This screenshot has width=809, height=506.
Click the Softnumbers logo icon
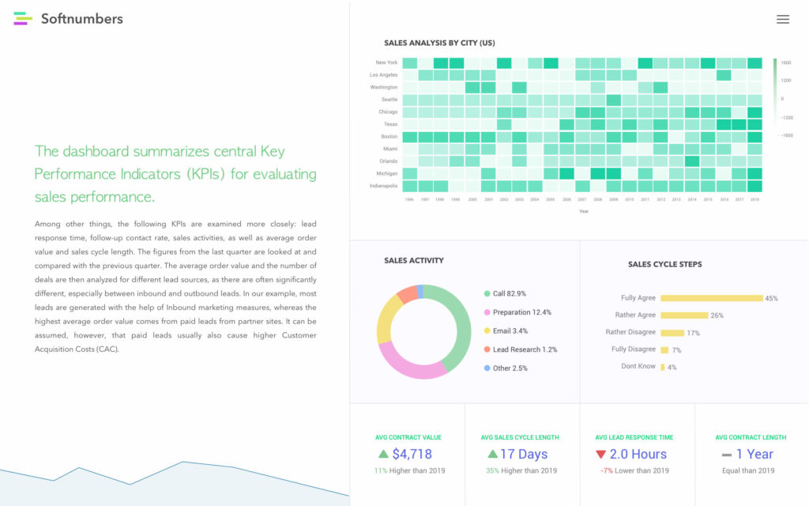point(23,18)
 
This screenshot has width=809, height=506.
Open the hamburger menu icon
point(782,19)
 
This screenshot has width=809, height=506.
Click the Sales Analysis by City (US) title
point(439,43)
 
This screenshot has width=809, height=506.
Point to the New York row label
point(386,62)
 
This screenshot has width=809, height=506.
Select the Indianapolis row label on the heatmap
point(383,186)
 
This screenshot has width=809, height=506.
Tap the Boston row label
point(389,137)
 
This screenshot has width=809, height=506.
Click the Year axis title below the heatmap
point(583,211)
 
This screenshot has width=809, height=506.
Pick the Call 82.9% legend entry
point(510,294)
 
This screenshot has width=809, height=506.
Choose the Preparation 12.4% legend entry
point(521,312)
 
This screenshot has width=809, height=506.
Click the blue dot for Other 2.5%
point(487,368)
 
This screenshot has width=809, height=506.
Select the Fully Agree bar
point(711,298)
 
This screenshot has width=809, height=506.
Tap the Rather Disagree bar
point(672,333)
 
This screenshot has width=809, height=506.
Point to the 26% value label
point(717,315)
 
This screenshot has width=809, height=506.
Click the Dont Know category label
point(638,366)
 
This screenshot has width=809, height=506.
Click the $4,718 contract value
point(412,454)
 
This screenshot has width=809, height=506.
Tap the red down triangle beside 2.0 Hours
point(600,455)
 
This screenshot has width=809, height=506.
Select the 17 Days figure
point(523,454)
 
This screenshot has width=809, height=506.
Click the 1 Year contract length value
point(754,454)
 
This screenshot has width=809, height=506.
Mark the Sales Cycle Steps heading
point(664,264)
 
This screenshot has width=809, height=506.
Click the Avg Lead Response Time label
point(634,437)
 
